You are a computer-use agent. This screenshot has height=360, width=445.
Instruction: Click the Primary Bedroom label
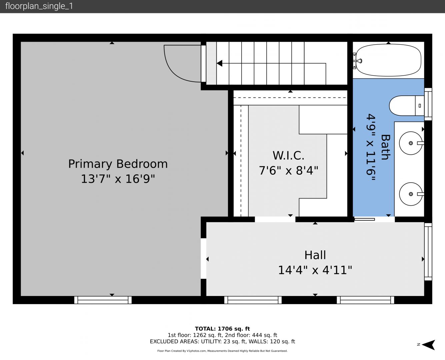(x=118, y=164)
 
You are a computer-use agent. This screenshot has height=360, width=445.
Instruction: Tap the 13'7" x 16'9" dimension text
(x=118, y=179)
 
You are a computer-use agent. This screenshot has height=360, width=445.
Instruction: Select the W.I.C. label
(x=288, y=155)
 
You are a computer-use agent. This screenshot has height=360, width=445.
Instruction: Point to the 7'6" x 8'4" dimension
(x=289, y=170)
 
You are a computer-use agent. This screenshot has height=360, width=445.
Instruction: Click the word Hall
(x=315, y=255)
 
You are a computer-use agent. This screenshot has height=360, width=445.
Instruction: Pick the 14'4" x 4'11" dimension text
(x=315, y=270)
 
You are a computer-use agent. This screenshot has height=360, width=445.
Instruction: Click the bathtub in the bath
(x=388, y=60)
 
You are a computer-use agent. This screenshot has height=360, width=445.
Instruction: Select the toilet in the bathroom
(x=407, y=106)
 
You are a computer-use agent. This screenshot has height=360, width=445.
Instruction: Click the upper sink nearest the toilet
(x=411, y=143)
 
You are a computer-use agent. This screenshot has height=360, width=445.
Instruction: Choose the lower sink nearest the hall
(x=411, y=194)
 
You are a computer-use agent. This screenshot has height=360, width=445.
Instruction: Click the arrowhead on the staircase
(x=219, y=63)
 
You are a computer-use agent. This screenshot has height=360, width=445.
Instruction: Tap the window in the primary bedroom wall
(x=103, y=300)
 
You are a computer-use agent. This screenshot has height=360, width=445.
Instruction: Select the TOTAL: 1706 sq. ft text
(x=222, y=329)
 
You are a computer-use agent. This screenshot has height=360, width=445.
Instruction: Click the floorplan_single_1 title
(x=39, y=6)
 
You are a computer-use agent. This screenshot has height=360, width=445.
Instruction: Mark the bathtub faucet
(x=359, y=61)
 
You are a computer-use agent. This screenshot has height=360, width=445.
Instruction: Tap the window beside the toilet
(x=428, y=104)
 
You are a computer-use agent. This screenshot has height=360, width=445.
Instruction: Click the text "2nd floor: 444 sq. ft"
(x=251, y=335)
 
